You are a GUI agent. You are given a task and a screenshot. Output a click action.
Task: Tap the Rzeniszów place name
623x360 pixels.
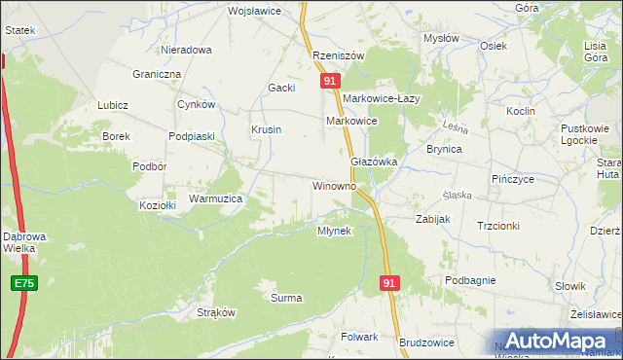coord(338,55)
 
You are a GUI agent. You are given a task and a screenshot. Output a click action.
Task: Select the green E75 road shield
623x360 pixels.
coord(25,283)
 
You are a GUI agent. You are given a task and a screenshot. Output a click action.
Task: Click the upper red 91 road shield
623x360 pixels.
coord(331,82)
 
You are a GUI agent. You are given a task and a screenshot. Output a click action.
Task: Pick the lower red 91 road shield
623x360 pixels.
coord(389,282)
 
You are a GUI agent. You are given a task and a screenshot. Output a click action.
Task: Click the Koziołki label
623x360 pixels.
coord(157,205)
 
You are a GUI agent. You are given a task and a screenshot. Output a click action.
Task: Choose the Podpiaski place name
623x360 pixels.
coord(191,137)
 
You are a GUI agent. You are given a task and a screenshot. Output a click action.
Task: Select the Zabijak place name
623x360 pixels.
coord(432,219)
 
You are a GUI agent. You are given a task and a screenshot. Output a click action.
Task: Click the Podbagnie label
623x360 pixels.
coord(471,280)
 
